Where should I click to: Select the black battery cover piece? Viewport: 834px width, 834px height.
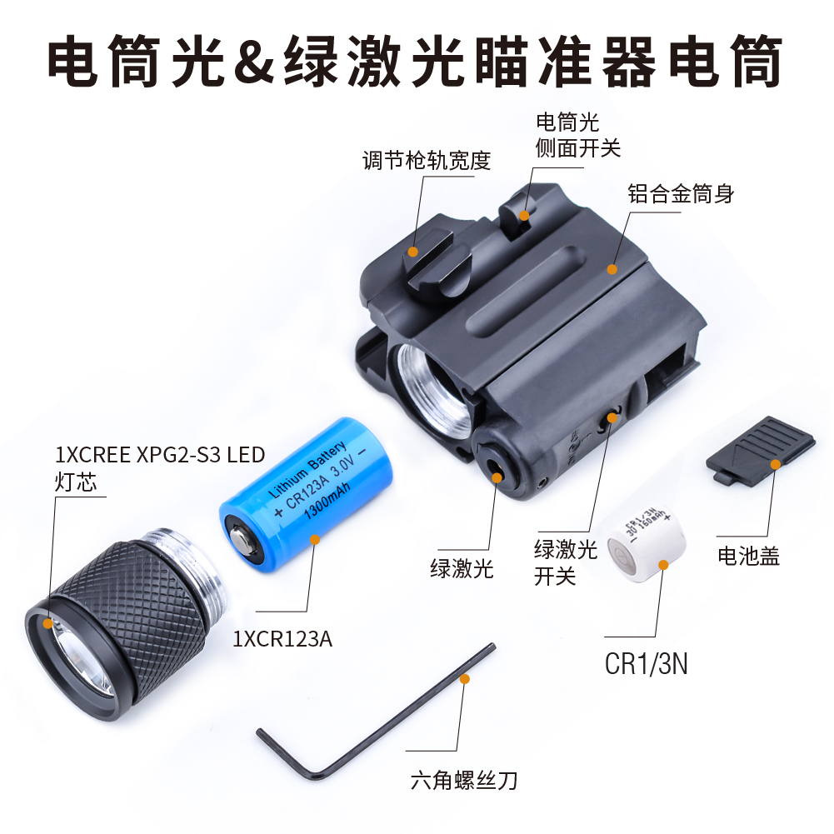(x=761, y=450)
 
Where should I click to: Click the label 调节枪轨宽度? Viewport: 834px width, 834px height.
(x=427, y=160)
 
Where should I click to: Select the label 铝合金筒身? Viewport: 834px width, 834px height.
(x=681, y=193)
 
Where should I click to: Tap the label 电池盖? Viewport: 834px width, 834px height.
(x=748, y=556)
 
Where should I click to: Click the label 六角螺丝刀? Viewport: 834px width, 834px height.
(x=464, y=781)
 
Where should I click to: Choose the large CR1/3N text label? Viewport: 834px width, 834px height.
(x=647, y=664)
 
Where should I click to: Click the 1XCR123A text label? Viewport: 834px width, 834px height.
(x=282, y=639)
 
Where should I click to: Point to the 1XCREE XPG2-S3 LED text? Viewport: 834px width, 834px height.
(x=160, y=455)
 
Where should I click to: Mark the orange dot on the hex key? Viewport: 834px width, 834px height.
(x=465, y=679)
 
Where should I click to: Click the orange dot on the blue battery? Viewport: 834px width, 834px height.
(x=315, y=539)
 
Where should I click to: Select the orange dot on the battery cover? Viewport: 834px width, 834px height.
(x=776, y=464)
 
